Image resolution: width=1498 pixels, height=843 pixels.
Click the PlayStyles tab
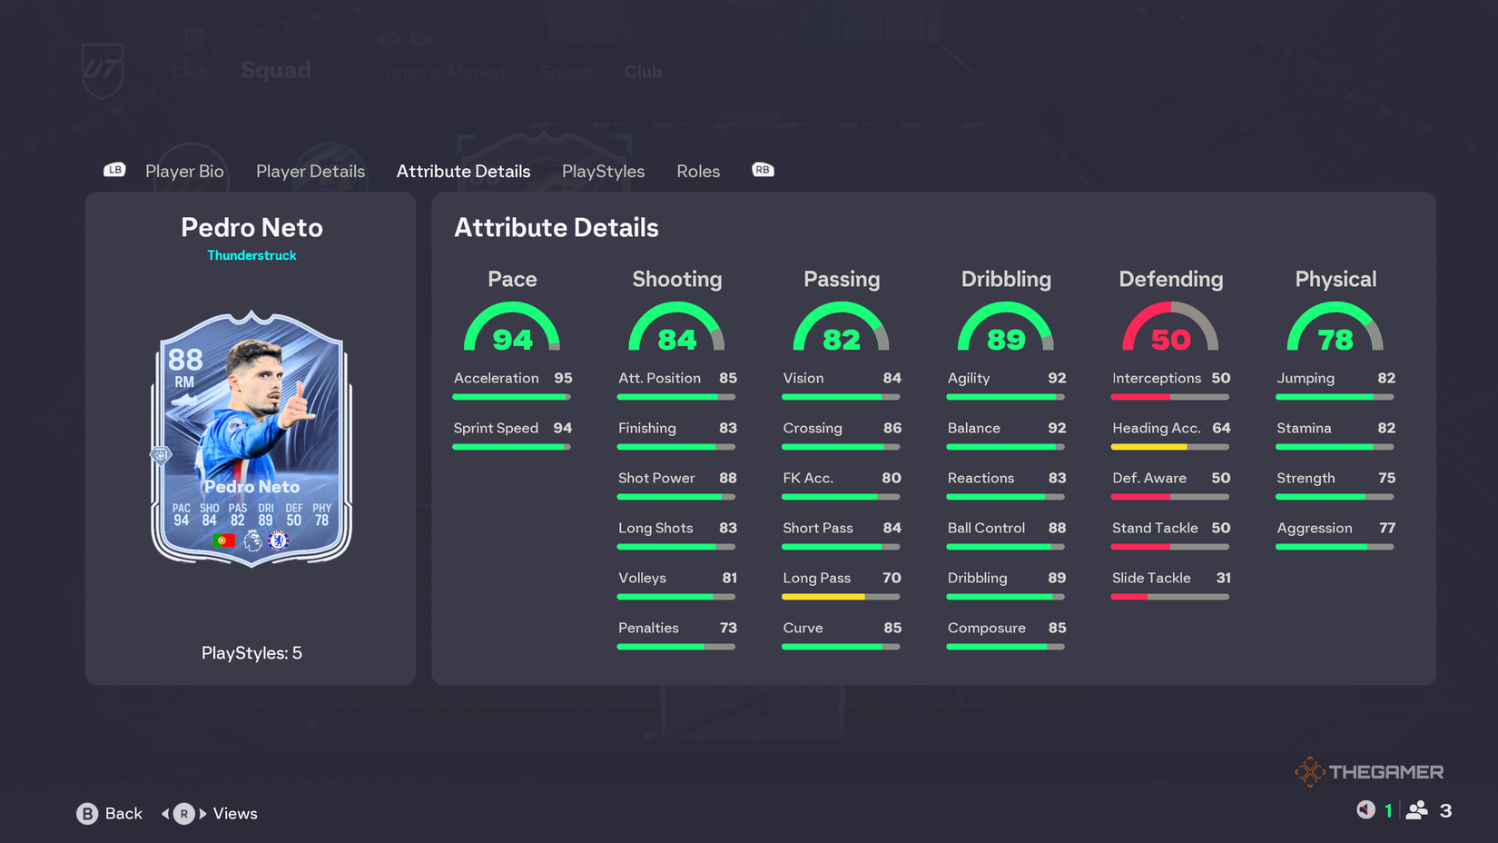pyautogui.click(x=603, y=172)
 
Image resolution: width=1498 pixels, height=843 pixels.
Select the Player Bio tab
pyautogui.click(x=184, y=172)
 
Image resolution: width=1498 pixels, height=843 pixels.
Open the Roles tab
pyautogui.click(x=697, y=172)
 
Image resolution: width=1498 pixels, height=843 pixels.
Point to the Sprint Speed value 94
pyautogui.click(x=563, y=428)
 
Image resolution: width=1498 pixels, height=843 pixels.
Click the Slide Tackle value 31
pyautogui.click(x=1223, y=578)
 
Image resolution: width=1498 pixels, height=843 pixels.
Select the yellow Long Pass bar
pyautogui.click(x=823, y=597)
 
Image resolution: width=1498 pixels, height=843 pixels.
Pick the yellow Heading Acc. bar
pyautogui.click(x=1148, y=447)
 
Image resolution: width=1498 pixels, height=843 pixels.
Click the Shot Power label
pyautogui.click(x=656, y=478)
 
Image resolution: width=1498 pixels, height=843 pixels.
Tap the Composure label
pyautogui.click(x=986, y=628)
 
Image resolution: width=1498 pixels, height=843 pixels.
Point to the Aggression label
pyautogui.click(x=1314, y=528)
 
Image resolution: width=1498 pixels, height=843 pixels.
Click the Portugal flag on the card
pyautogui.click(x=223, y=541)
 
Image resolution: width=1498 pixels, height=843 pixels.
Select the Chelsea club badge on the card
pyautogui.click(x=279, y=541)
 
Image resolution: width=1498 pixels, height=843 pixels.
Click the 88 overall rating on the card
pyautogui.click(x=185, y=360)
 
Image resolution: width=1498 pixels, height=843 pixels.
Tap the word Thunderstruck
pyautogui.click(x=251, y=255)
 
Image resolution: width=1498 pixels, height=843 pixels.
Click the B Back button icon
pyautogui.click(x=87, y=814)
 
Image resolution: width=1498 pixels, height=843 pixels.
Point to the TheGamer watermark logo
pyautogui.click(x=1368, y=771)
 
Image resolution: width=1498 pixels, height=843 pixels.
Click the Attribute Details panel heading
pyautogui.click(x=556, y=227)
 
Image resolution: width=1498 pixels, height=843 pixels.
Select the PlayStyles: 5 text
pyautogui.click(x=251, y=653)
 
